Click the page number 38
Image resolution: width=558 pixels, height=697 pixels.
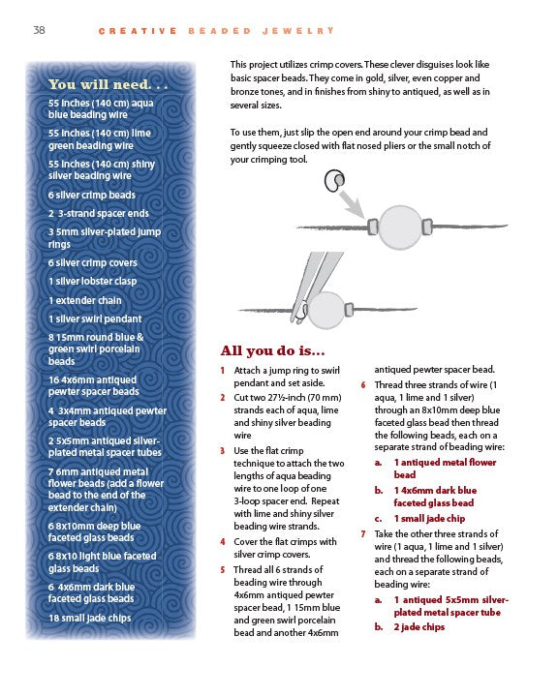tap(39, 30)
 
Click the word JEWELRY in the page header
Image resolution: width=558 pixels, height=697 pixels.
tap(298, 31)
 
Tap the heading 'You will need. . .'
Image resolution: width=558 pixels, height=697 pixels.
tap(108, 84)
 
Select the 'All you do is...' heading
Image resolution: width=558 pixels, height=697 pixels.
tap(273, 350)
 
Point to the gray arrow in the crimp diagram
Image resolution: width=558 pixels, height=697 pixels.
tap(353, 204)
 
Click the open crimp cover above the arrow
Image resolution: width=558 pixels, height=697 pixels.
tap(334, 181)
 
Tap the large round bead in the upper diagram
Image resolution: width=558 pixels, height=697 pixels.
tap(400, 227)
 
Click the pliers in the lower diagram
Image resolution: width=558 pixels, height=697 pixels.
tap(314, 286)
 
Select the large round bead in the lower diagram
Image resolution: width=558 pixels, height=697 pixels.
tap(326, 311)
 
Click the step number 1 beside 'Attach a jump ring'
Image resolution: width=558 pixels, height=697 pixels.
tap(223, 370)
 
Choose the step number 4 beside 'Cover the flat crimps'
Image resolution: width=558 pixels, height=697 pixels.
tap(223, 542)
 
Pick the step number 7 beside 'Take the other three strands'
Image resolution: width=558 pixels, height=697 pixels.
tap(363, 533)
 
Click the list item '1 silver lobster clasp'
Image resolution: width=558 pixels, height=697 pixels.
tap(93, 282)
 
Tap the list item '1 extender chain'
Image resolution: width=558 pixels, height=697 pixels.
tap(85, 300)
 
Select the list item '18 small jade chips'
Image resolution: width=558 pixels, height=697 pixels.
tap(90, 618)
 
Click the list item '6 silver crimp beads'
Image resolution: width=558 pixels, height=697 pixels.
tap(92, 196)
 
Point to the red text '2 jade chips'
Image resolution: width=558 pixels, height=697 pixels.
tap(419, 627)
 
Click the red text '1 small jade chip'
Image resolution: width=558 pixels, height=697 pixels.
tap(429, 519)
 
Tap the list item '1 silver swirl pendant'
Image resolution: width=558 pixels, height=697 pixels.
tap(95, 318)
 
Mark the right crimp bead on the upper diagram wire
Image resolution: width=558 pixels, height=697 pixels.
tap(427, 227)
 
